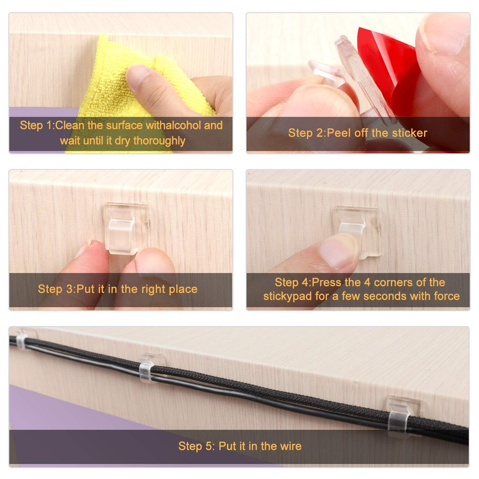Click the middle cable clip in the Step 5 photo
click(x=151, y=368)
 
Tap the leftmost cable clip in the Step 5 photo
click(x=22, y=341)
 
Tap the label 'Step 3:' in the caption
click(x=56, y=289)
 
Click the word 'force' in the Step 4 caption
click(x=445, y=296)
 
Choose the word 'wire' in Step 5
click(x=290, y=446)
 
